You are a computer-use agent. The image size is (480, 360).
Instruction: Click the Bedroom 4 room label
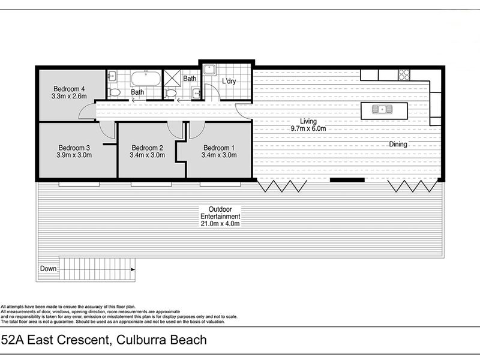pos(69,89)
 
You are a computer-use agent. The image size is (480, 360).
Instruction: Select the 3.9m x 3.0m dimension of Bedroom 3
pos(74,155)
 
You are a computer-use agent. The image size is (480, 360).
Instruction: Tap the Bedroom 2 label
pos(147,148)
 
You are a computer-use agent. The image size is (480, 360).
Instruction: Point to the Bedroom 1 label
pos(219,148)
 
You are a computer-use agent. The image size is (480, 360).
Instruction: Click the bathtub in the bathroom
pos(146,79)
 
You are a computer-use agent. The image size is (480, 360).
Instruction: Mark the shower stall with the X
pos(172,79)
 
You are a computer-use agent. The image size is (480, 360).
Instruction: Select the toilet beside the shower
pos(170,93)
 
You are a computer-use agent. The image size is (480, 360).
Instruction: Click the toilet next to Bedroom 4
pos(114,92)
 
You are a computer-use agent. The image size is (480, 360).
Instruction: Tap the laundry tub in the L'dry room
pos(210,70)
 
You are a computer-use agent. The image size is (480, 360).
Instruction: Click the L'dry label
pos(229,81)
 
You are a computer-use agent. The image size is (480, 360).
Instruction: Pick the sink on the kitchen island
pos(382,109)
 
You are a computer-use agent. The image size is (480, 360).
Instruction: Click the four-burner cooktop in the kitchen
pos(404,74)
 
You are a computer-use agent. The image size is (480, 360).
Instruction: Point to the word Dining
pos(398,144)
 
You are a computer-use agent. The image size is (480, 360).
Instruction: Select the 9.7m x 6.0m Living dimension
pos(308,128)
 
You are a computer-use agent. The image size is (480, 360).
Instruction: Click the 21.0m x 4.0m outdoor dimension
pos(220,223)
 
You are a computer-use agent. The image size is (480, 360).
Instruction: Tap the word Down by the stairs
pos(49,268)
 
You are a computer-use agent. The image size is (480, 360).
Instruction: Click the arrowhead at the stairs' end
pos(133,269)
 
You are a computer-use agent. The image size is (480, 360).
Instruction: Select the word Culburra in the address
pos(142,340)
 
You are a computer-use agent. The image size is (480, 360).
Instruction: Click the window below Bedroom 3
pos(79,184)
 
